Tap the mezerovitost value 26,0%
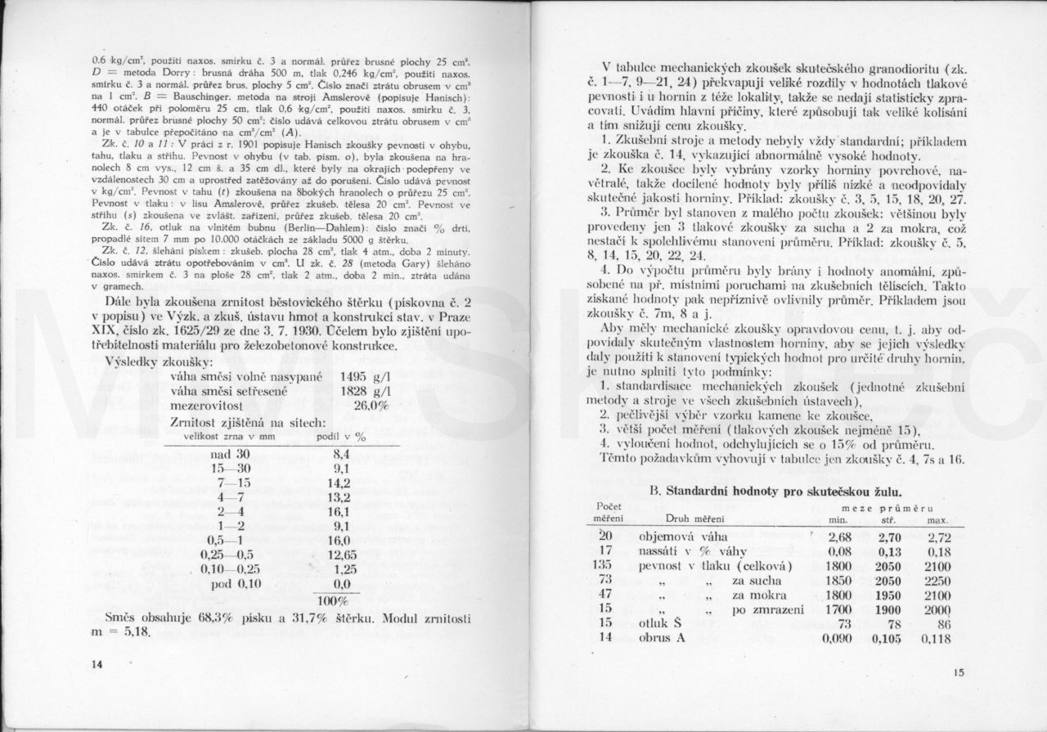(371, 406)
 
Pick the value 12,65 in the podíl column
(333, 555)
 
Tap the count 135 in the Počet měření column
(604, 566)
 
